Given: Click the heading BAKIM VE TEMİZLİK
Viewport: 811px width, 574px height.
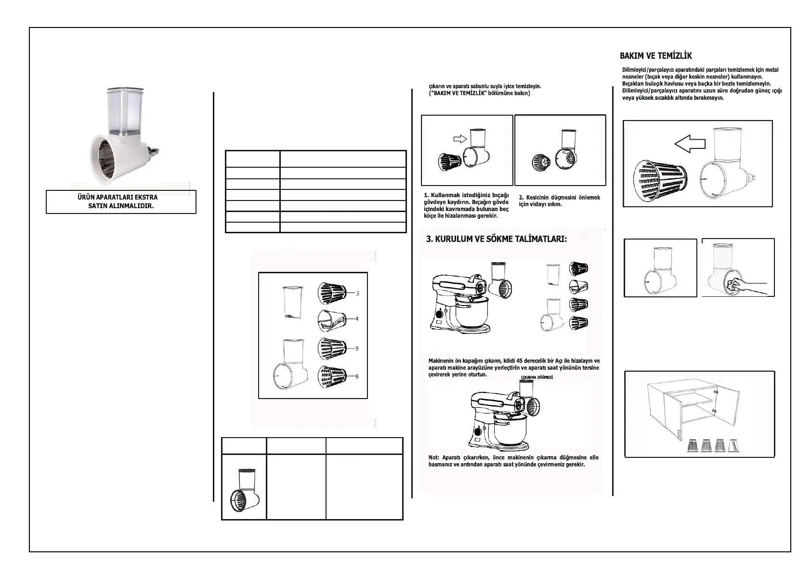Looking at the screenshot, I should [x=655, y=56].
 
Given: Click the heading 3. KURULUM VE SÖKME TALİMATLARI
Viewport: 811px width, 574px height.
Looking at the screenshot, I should [x=497, y=240].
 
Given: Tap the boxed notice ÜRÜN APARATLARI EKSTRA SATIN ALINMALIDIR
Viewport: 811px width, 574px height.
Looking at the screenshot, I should [x=121, y=202].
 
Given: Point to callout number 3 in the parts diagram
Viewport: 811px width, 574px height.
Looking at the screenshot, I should [x=357, y=293].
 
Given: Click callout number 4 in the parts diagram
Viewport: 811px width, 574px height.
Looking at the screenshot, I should [x=357, y=319].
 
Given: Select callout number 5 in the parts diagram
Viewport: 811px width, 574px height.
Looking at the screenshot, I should [x=357, y=348].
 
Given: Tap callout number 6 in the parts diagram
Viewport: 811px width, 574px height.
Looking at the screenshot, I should [x=357, y=376].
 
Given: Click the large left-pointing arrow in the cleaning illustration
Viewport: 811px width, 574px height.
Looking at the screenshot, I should [x=689, y=143].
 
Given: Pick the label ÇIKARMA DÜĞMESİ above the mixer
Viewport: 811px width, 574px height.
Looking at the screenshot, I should [x=536, y=377].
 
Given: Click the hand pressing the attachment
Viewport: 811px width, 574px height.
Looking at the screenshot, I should [x=744, y=286].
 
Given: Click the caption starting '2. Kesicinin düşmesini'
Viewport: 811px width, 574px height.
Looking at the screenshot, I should [x=559, y=201].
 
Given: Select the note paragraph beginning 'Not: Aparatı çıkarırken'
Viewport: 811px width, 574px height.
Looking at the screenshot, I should [x=513, y=461].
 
